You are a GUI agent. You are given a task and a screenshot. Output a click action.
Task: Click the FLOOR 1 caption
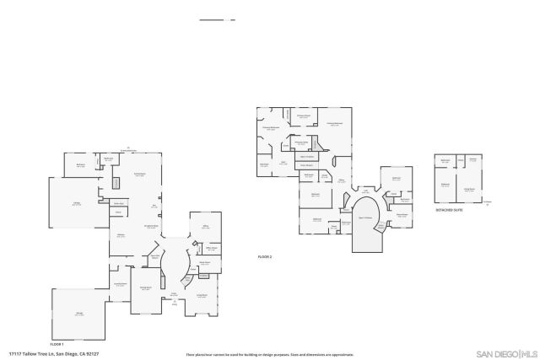pos(57,344)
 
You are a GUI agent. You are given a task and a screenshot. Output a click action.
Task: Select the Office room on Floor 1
pos(206,227)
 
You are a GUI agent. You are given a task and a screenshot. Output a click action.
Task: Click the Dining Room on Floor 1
pos(146,288)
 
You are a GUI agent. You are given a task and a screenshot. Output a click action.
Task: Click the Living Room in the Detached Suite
pos(469,190)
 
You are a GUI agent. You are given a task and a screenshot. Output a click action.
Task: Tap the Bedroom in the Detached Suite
pos(445,184)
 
